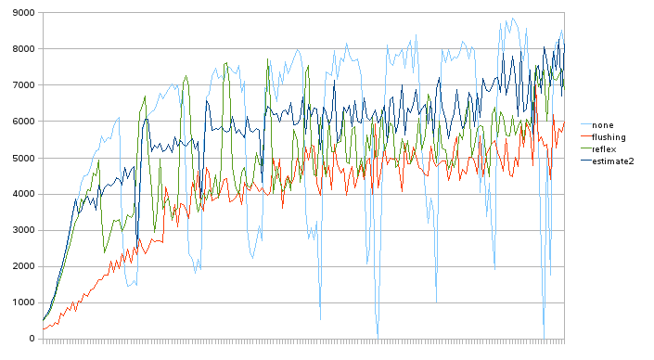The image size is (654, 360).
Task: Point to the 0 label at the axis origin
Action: point(32,339)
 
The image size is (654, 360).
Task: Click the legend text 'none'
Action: point(602,125)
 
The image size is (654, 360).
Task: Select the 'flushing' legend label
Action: point(609,137)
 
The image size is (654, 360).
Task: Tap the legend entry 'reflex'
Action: point(604,149)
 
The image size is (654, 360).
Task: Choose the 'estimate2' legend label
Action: point(612,161)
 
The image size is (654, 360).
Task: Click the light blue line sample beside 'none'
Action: point(583,125)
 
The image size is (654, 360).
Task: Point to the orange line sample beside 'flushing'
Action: point(583,137)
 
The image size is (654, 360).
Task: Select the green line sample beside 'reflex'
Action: point(583,149)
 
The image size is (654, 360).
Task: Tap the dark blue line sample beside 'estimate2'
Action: point(583,161)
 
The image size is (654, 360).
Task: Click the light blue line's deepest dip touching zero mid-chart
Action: point(378,336)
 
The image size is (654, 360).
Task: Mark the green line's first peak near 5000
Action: point(98,161)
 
